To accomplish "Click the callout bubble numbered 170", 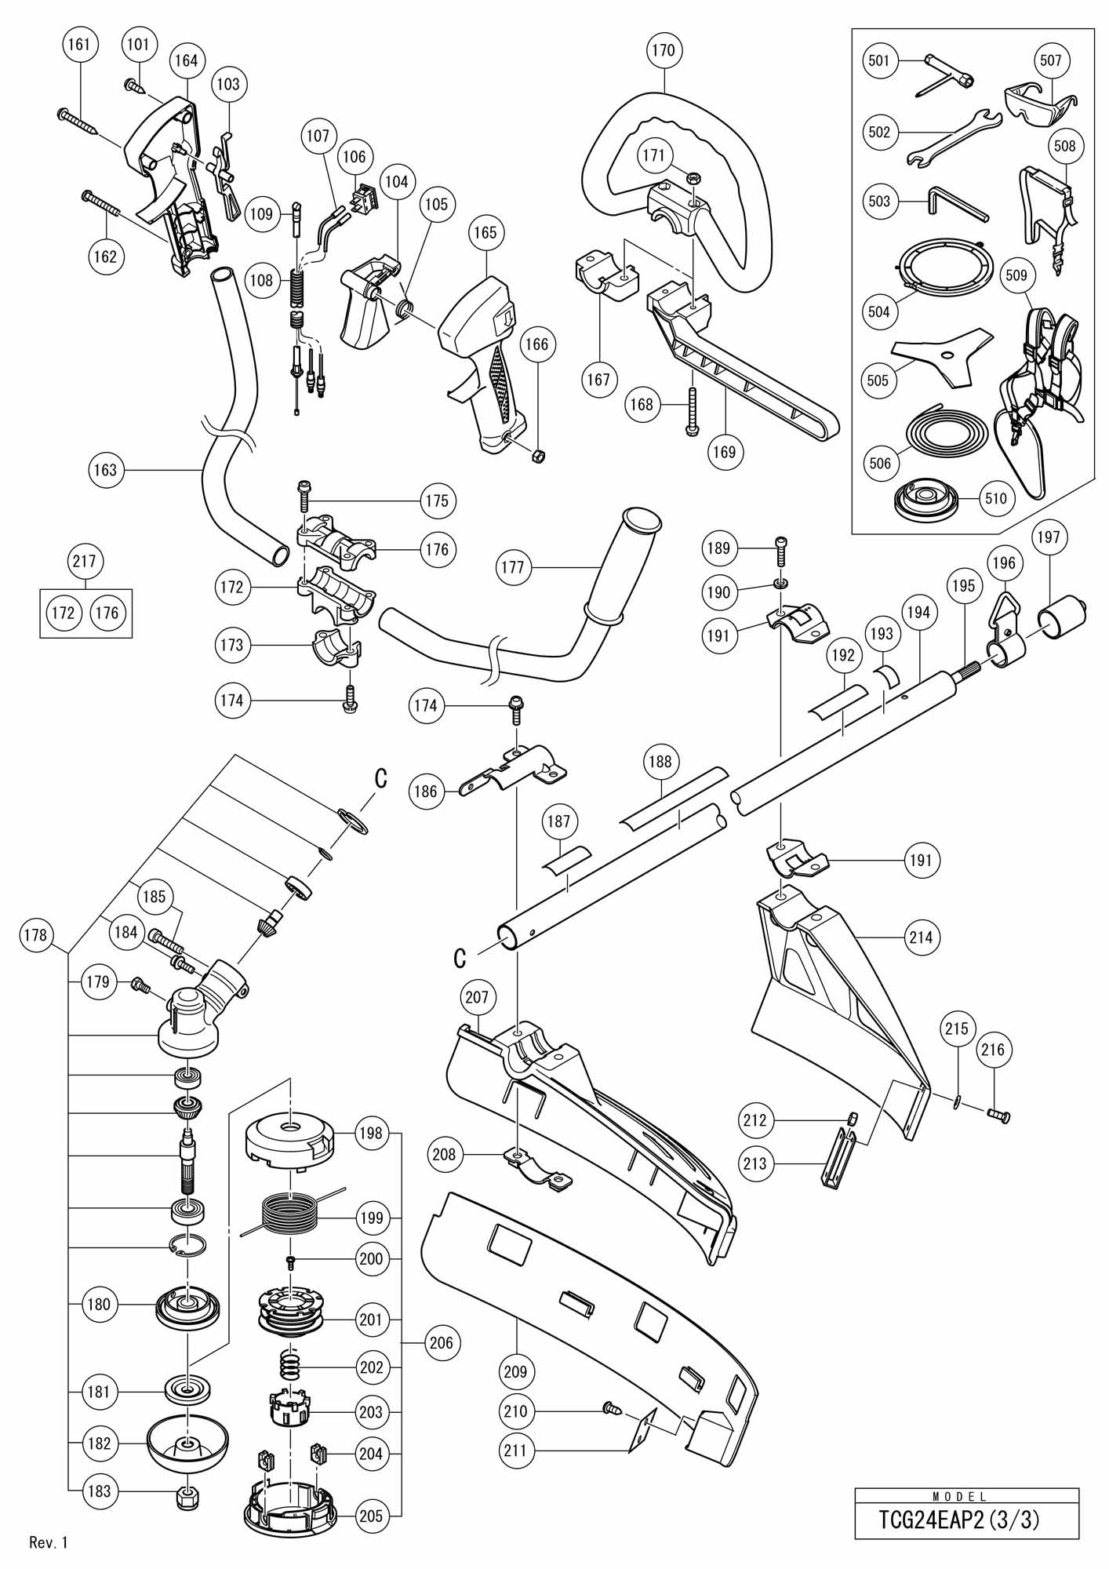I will [664, 50].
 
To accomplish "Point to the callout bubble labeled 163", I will [104, 470].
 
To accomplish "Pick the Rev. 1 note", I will [49, 1543].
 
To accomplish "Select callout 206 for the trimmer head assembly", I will [442, 1342].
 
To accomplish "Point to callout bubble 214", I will [921, 937].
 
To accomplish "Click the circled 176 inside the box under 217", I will [107, 612].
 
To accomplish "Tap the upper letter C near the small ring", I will [381, 777].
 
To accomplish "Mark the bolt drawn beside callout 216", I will [998, 1112].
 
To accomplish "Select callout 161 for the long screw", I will [79, 44].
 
